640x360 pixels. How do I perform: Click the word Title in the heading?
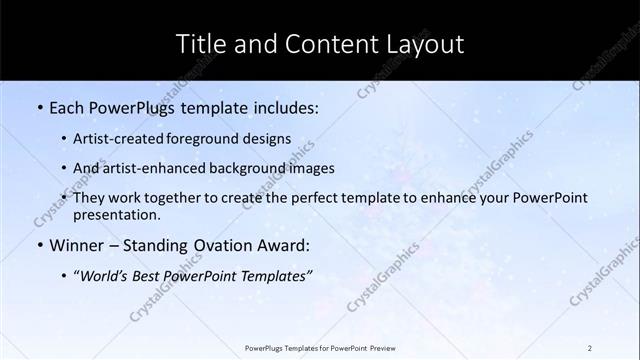click(x=198, y=44)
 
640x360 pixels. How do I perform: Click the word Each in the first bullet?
click(x=67, y=106)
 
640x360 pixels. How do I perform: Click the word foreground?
click(x=199, y=139)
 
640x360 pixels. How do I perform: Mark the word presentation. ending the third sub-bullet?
click(x=117, y=214)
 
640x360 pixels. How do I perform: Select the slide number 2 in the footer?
click(x=590, y=347)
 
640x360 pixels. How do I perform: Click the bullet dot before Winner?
click(x=39, y=245)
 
